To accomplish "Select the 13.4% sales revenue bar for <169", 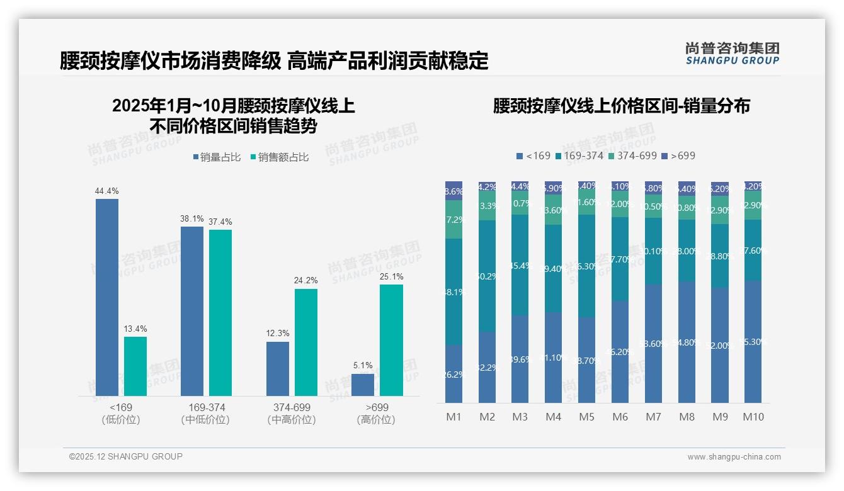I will (135, 366).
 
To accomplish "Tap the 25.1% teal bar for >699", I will (391, 340).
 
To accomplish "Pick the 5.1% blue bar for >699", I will (363, 385).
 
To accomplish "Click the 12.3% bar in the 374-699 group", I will (278, 369).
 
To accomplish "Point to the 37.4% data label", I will (220, 222).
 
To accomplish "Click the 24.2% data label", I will (306, 281).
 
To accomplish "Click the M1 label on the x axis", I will (454, 417).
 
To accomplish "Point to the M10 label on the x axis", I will (753, 417).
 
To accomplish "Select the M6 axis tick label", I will (620, 417).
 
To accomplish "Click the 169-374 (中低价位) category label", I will (206, 414).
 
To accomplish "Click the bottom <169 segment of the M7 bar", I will (653, 343).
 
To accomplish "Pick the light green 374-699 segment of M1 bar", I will (454, 220).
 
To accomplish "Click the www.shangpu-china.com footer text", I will (734, 457).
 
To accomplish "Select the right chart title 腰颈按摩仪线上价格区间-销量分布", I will (621, 106).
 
